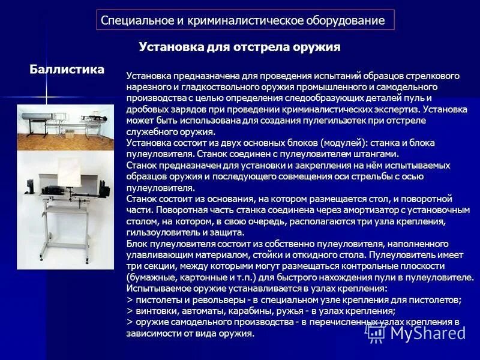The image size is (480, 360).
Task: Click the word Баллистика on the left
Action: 67,70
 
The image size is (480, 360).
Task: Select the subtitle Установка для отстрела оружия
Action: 240,47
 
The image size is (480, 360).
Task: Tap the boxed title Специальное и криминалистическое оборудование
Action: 243,20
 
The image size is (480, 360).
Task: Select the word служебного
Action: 153,131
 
